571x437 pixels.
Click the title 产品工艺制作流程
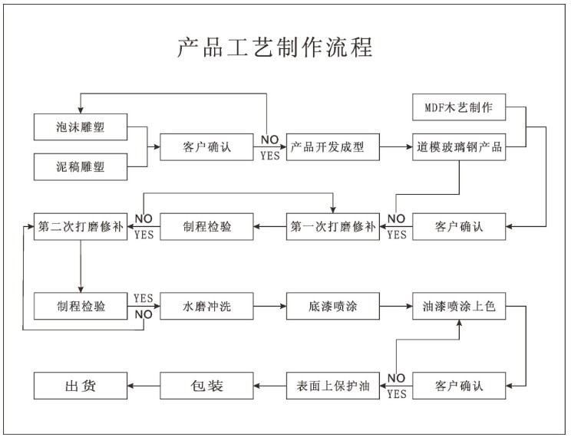click(x=275, y=48)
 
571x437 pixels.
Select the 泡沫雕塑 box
click(x=81, y=127)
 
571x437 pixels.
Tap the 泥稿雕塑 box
click(x=81, y=166)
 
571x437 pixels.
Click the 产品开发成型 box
click(x=333, y=147)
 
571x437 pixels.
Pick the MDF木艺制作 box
click(x=459, y=107)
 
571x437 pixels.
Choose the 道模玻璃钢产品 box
click(x=459, y=147)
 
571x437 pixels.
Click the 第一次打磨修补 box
click(x=333, y=227)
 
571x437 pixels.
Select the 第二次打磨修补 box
click(x=81, y=227)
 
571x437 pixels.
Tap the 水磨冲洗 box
click(x=206, y=307)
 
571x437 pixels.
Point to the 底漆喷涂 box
click(x=333, y=307)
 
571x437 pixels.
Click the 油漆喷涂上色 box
click(x=459, y=307)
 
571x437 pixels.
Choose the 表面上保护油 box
click(x=333, y=386)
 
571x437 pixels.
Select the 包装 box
click(x=206, y=386)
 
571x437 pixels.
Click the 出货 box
click(x=81, y=386)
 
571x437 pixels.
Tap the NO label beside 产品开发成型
click(x=270, y=140)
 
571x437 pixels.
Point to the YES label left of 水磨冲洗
click(x=143, y=298)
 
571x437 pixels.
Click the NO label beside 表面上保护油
click(x=396, y=378)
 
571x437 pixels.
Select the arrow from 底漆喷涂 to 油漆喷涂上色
click(x=396, y=307)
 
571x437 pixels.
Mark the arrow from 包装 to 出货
click(x=144, y=386)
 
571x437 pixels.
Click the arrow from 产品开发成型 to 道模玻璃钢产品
click(x=396, y=147)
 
